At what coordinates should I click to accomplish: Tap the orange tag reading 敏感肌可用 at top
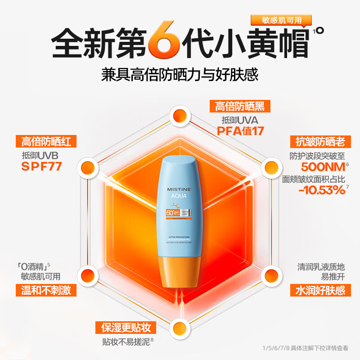coord(282,20)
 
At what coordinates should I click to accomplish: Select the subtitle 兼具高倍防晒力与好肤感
coord(180,75)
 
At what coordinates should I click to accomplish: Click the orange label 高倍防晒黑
coord(240,106)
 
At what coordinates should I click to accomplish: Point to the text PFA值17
coord(240,131)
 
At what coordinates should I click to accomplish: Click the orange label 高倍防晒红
coord(46,142)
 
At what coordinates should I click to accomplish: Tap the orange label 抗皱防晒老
coord(318,142)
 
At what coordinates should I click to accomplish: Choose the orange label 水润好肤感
coord(318,290)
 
